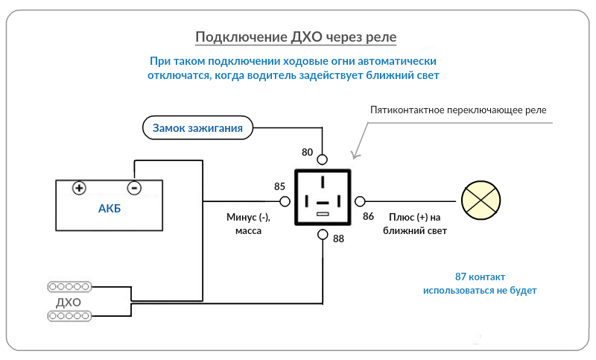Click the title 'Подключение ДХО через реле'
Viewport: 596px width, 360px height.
pos(296,37)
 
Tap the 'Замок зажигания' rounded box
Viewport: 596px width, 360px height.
pos(197,128)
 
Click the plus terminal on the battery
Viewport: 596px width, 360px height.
pos(79,188)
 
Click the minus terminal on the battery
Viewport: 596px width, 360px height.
pos(134,188)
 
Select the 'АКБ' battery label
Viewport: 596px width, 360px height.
pos(110,208)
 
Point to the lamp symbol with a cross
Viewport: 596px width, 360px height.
pos(478,200)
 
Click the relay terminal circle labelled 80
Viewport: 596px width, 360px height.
pos(323,160)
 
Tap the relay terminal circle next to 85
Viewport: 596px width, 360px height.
pos(284,201)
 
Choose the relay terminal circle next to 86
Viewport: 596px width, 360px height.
pos(361,201)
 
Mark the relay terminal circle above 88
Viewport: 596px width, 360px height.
pos(323,235)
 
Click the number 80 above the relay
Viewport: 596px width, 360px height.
pos(308,152)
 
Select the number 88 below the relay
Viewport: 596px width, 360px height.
pos(338,239)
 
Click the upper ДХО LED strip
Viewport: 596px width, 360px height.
pos(69,287)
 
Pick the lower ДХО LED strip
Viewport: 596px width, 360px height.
pos(69,317)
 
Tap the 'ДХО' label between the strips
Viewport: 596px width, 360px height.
pos(69,302)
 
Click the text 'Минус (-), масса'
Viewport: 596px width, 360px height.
pos(248,224)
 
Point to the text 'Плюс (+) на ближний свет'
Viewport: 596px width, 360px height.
pos(415,224)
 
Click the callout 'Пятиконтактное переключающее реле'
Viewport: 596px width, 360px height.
pos(458,110)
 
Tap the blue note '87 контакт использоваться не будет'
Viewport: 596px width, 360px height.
pos(479,283)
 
